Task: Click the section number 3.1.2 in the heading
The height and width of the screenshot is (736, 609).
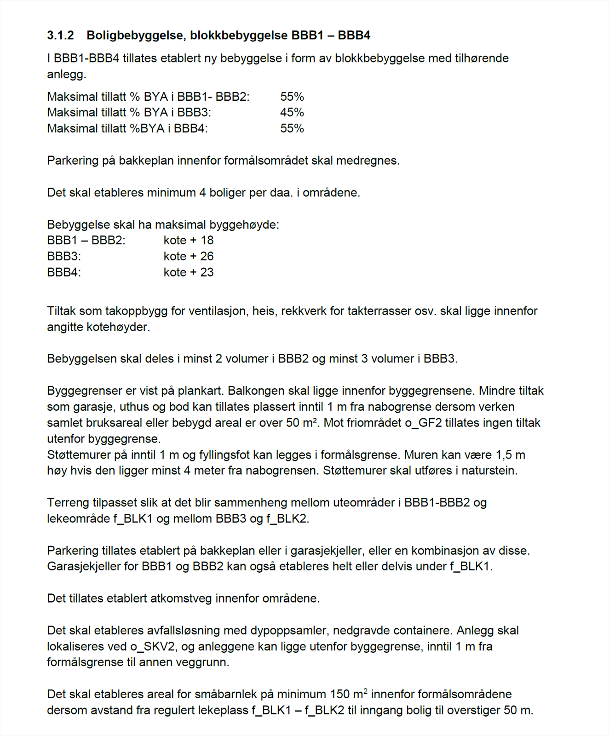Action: [x=60, y=35]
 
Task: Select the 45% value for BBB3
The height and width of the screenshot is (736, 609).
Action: [x=292, y=112]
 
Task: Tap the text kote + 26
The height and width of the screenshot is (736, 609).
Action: [x=189, y=256]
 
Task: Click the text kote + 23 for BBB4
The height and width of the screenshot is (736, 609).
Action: [x=189, y=272]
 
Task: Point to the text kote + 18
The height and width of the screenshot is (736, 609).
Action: [x=189, y=240]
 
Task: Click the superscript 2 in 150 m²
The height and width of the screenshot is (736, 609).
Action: [x=366, y=691]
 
